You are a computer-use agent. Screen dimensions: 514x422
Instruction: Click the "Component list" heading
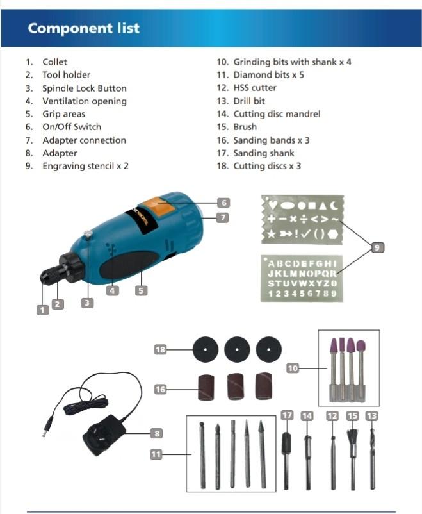click(83, 28)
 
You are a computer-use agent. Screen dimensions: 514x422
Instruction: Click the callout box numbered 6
click(223, 203)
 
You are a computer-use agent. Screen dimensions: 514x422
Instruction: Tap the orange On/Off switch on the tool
click(155, 206)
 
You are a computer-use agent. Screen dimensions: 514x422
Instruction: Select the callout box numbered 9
click(378, 247)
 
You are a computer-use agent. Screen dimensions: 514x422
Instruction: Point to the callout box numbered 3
click(88, 303)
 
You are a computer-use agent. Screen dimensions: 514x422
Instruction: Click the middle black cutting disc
click(237, 349)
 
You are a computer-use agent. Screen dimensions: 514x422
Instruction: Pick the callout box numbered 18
click(161, 349)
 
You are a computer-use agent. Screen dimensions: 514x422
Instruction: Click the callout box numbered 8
click(156, 433)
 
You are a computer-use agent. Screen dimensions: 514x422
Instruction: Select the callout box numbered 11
click(156, 454)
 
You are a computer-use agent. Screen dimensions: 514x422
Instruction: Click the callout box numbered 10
click(293, 369)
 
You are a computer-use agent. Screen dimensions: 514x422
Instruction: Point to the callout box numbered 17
click(288, 415)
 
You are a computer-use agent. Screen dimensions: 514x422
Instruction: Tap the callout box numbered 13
click(372, 415)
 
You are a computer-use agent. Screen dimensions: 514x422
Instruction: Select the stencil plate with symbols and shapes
click(302, 220)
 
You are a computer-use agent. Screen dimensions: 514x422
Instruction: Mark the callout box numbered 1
click(42, 310)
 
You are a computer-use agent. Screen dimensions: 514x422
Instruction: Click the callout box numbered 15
click(352, 415)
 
